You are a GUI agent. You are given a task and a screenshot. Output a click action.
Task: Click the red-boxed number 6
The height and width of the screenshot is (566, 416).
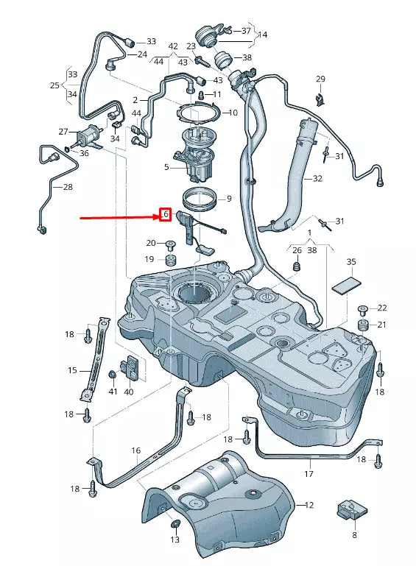pyautogui.click(x=166, y=215)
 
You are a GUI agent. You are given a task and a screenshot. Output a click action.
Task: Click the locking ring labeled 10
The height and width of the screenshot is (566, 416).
pyautogui.click(x=200, y=113)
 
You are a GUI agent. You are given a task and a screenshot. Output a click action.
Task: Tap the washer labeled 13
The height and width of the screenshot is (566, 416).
pyautogui.click(x=175, y=524)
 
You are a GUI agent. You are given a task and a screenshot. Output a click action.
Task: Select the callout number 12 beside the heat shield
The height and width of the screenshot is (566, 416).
pyautogui.click(x=309, y=505)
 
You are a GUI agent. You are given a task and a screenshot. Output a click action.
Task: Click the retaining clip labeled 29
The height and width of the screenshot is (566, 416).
pyautogui.click(x=320, y=98)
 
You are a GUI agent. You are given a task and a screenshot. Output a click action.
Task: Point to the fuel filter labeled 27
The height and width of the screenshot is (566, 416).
pyautogui.click(x=90, y=136)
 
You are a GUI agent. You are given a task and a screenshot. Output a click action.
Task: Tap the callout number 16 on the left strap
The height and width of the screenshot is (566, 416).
pyautogui.click(x=136, y=450)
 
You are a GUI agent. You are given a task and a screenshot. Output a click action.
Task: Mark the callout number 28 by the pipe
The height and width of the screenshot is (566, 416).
pyautogui.click(x=68, y=187)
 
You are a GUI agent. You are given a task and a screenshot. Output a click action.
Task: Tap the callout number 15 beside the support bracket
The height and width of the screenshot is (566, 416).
pyautogui.click(x=73, y=370)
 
